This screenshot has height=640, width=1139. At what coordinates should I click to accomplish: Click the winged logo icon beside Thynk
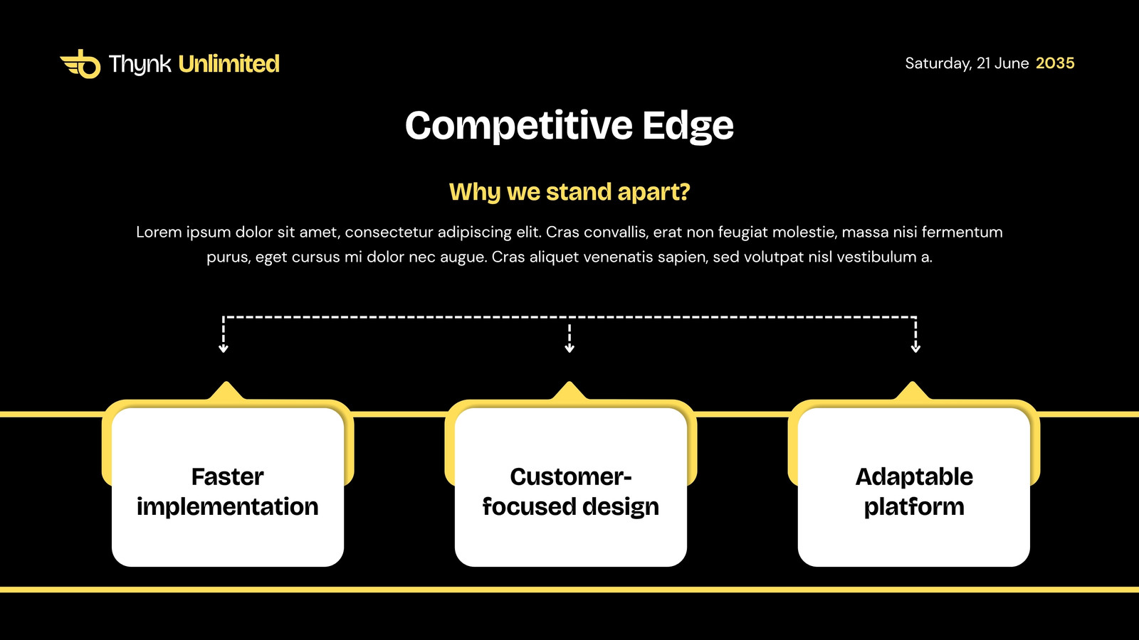(80, 64)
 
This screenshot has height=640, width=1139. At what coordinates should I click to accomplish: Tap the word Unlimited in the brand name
(229, 64)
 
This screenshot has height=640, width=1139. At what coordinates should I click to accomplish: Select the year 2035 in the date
(1055, 63)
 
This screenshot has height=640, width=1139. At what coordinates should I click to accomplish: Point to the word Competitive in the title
(519, 126)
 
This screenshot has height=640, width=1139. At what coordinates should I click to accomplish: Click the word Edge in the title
(688, 126)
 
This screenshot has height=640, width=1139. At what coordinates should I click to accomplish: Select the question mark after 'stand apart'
(684, 191)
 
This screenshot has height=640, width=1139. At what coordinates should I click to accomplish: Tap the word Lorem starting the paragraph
(159, 232)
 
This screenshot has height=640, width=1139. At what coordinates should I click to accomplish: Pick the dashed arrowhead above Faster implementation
(224, 348)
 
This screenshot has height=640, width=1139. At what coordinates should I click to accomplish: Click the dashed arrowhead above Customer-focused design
(569, 348)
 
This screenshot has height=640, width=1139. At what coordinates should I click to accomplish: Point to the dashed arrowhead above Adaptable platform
(915, 348)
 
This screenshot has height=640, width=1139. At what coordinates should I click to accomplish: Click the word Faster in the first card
(227, 477)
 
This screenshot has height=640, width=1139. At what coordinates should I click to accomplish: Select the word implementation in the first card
(227, 507)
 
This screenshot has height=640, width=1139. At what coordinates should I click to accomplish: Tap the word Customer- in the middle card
(570, 477)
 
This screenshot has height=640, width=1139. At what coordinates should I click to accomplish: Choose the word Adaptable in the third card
(914, 477)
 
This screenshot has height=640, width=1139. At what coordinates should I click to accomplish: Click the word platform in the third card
(914, 507)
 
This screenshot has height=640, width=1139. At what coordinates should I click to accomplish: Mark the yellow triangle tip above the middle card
(569, 382)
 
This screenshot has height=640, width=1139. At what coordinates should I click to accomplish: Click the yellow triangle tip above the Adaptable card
(912, 382)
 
